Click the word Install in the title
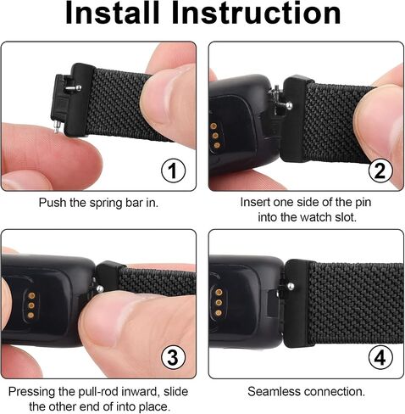[113, 13]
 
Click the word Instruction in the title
[256, 13]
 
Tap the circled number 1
[173, 171]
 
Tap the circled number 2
[380, 171]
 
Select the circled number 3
[173, 357]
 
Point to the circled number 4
[380, 357]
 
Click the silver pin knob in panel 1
[79, 87]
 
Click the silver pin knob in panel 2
[289, 106]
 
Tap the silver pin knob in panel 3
[99, 288]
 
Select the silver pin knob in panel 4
[291, 287]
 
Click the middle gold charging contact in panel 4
[219, 303]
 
